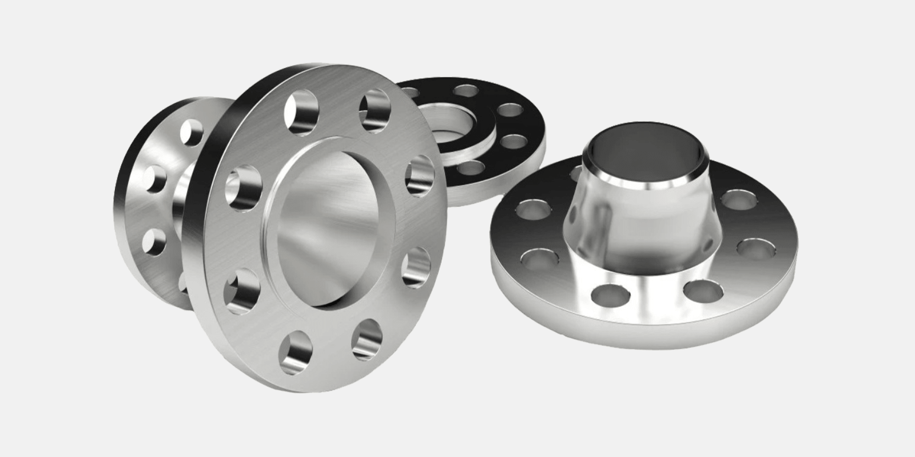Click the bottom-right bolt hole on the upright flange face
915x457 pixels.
click(367, 339)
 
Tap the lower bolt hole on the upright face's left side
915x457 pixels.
click(241, 291)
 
